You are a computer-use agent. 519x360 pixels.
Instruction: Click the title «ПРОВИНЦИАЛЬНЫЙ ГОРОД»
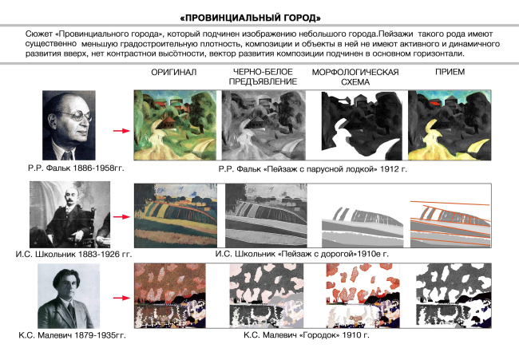click(251, 18)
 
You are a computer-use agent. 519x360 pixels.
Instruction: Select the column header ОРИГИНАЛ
click(174, 72)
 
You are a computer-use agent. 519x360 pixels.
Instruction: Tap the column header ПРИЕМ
click(450, 72)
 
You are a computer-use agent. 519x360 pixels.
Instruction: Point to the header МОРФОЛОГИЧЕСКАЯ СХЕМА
click(355, 77)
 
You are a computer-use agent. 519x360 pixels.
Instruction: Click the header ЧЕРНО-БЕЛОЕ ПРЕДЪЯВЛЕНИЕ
click(263, 77)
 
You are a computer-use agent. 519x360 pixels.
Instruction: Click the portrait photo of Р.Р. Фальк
click(69, 125)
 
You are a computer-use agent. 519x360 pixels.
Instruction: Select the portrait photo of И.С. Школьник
click(69, 215)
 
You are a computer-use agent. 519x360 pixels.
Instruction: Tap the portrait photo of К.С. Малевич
click(69, 296)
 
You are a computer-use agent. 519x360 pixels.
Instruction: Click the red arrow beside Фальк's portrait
click(121, 131)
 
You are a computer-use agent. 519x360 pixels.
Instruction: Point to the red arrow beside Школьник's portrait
click(121, 217)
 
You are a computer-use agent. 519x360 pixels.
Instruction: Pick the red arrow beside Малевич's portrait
click(121, 298)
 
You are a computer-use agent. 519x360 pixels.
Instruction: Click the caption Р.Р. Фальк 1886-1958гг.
click(76, 168)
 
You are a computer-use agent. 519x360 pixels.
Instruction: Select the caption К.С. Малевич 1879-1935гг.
click(72, 335)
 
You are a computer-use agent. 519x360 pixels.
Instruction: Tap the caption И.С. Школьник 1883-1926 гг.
click(73, 254)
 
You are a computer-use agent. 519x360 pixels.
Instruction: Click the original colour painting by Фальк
click(176, 125)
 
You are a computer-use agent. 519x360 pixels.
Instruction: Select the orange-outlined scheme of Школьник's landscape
click(450, 223)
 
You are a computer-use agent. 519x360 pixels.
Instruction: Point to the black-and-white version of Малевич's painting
click(267, 295)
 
